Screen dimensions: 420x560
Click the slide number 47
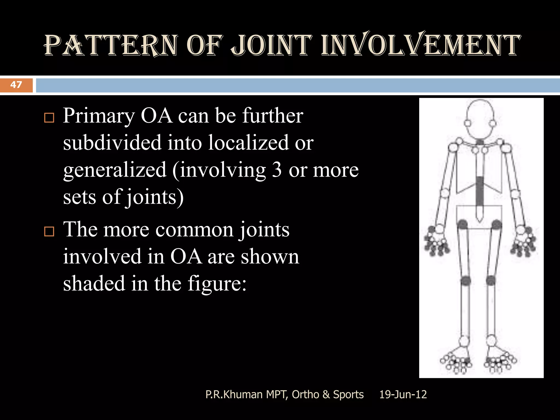16,85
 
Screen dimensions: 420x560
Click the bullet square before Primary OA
49,118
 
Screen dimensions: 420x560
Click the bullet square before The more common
49,232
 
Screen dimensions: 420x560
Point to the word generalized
115,170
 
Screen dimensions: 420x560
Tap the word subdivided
112,143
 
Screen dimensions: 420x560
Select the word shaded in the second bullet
94,284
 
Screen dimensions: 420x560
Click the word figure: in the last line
217,284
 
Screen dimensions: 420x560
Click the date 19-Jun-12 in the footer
403,395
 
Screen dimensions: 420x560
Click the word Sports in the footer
348,395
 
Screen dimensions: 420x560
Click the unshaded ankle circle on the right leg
491,341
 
